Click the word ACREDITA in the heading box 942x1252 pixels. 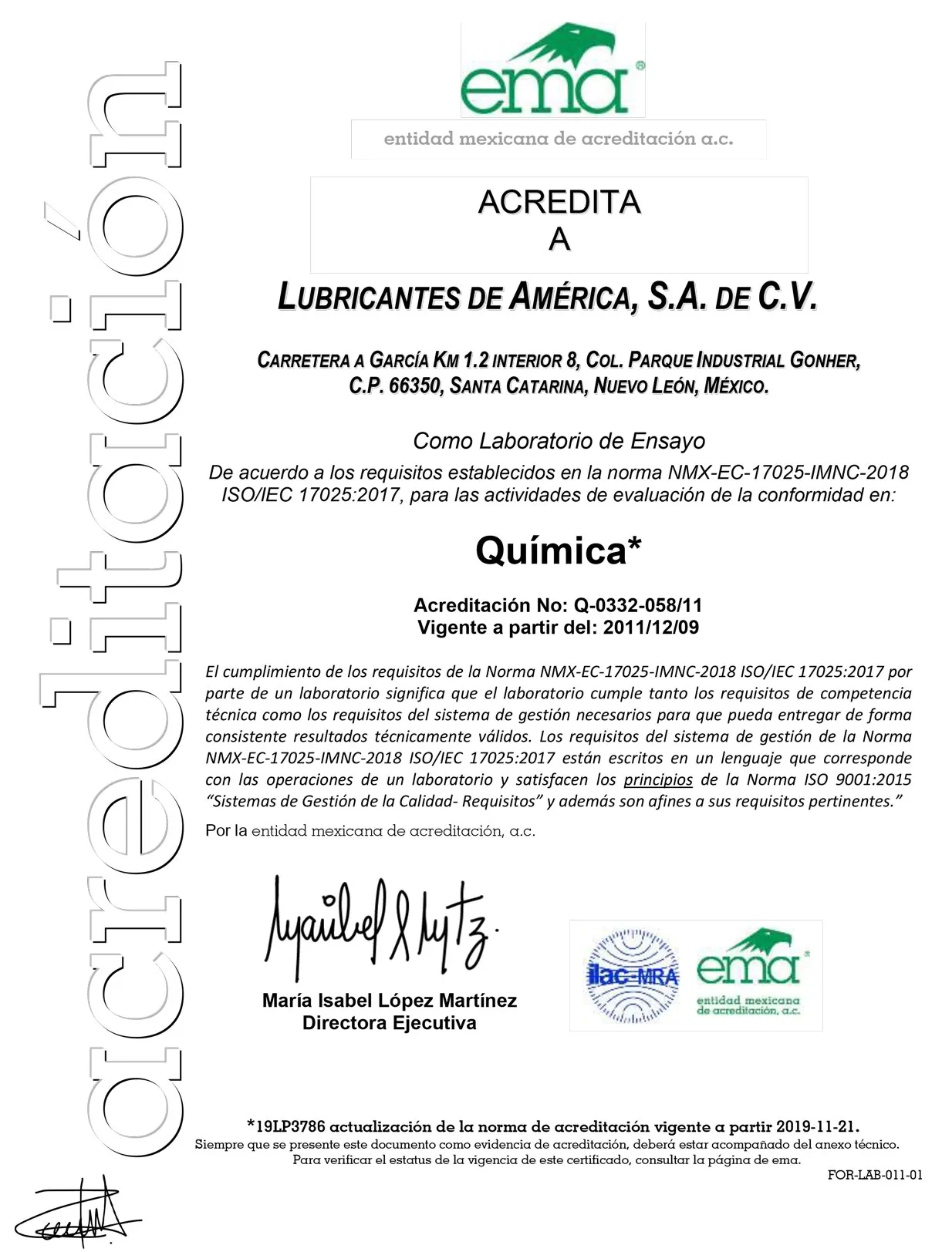point(559,203)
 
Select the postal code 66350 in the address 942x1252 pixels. point(415,385)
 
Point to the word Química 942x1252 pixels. point(550,550)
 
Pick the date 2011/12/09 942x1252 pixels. point(650,628)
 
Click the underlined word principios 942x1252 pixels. point(658,779)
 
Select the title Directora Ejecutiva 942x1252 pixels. point(389,1023)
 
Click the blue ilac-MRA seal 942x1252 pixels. point(632,976)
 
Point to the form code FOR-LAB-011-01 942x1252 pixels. point(875,1176)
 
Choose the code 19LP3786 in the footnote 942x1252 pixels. point(290,1126)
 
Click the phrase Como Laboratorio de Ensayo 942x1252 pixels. point(559,441)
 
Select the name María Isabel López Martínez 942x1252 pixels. point(389,1001)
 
